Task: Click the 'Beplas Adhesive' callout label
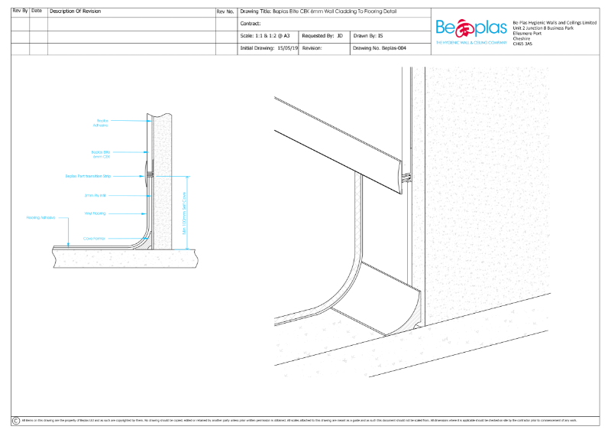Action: (x=102, y=122)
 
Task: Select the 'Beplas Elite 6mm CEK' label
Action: (x=100, y=154)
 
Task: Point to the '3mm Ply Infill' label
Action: (x=96, y=195)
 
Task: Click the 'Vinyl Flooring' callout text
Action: (x=95, y=213)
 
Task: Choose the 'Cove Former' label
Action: (x=95, y=239)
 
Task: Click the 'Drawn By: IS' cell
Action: (x=368, y=35)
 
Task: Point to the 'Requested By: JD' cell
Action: (x=322, y=35)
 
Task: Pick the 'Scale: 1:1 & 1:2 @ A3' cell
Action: (x=265, y=35)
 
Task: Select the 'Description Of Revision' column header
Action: (x=74, y=11)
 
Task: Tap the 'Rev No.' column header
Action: (x=226, y=11)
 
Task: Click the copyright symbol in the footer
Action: (x=16, y=421)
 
